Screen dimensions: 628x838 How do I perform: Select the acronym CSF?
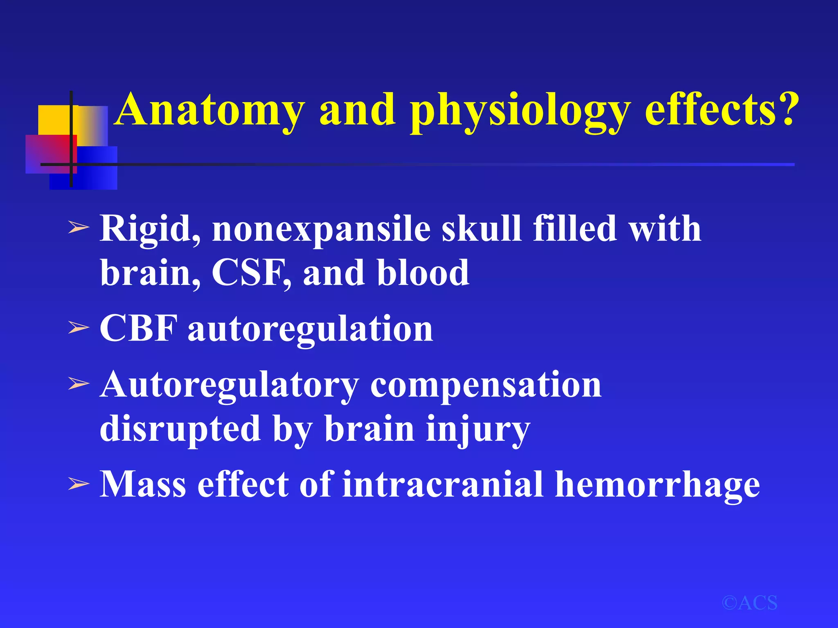250,272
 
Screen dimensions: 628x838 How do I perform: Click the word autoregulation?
310,330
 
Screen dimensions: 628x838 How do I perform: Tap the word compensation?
486,386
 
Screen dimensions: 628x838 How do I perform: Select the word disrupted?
180,430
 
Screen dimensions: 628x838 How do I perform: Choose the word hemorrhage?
657,485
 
